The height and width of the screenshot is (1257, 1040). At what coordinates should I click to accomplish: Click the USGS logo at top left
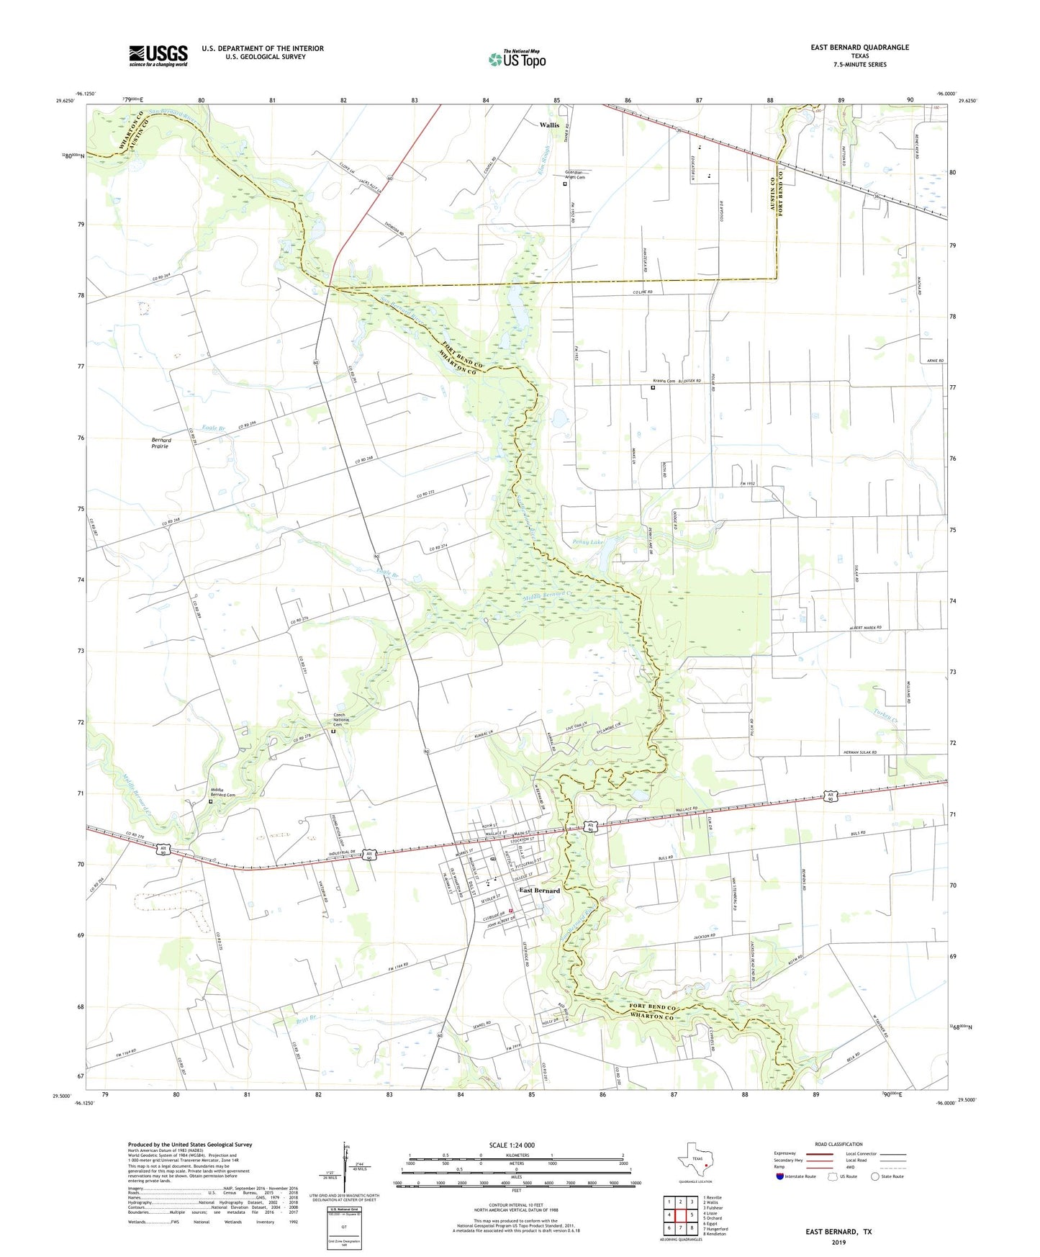[x=158, y=55]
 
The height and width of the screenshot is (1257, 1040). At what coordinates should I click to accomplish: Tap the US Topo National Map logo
[x=517, y=58]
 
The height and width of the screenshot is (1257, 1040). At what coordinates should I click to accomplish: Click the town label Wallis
[x=549, y=125]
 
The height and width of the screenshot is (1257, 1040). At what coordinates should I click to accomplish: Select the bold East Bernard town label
[x=539, y=891]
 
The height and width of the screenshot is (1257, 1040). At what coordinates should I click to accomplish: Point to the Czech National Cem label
[x=340, y=720]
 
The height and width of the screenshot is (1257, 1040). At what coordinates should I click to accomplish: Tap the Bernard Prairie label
[x=160, y=443]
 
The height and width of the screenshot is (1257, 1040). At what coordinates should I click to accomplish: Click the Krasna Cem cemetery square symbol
[x=653, y=388]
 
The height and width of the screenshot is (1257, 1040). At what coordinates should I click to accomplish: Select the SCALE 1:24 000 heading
[x=511, y=1145]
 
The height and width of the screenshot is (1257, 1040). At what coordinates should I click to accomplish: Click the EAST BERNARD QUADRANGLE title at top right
[x=859, y=48]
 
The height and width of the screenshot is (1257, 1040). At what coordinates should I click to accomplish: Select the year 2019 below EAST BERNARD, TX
[x=838, y=1243]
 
